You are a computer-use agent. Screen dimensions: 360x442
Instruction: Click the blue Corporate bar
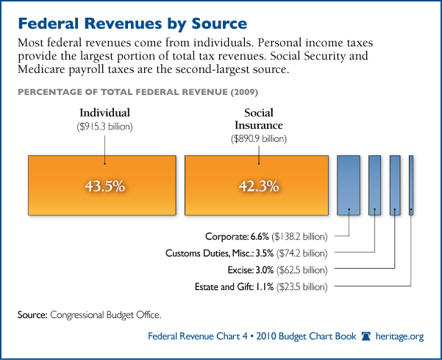(x=349, y=185)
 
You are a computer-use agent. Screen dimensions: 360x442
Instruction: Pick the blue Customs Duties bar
(x=374, y=185)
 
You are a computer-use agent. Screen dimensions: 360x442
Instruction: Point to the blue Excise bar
(x=395, y=185)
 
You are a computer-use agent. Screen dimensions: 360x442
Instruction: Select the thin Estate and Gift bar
(x=411, y=185)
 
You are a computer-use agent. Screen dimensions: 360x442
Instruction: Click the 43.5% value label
(x=104, y=186)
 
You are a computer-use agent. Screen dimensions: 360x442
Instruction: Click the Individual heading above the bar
(x=105, y=113)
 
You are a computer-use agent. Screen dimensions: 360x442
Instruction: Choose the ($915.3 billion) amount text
(x=105, y=126)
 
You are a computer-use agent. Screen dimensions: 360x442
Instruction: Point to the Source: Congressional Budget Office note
(x=89, y=315)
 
